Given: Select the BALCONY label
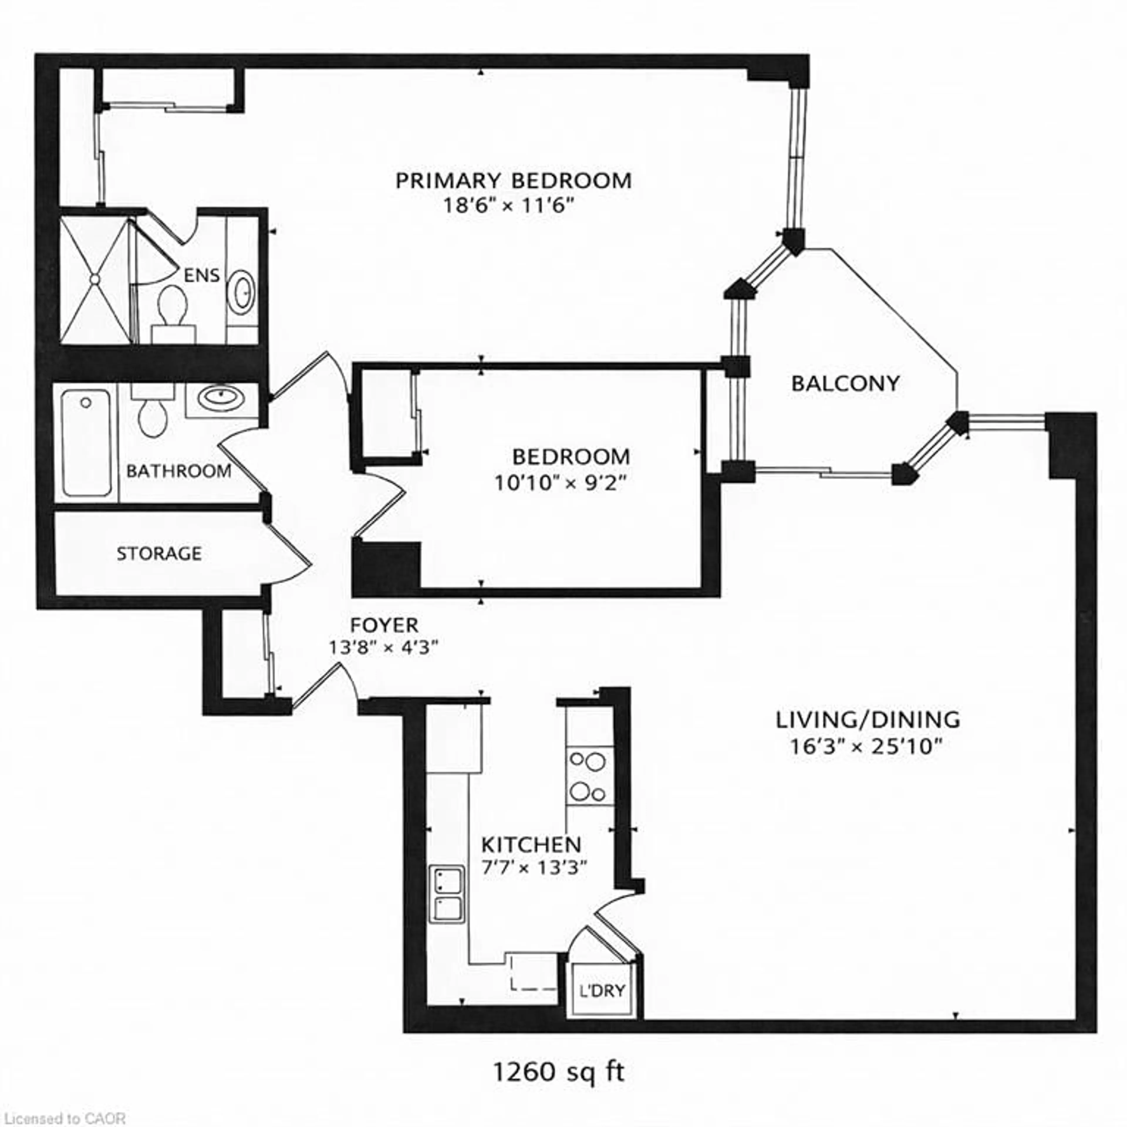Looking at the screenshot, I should (845, 384).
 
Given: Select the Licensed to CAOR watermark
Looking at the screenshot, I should (63, 1118).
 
